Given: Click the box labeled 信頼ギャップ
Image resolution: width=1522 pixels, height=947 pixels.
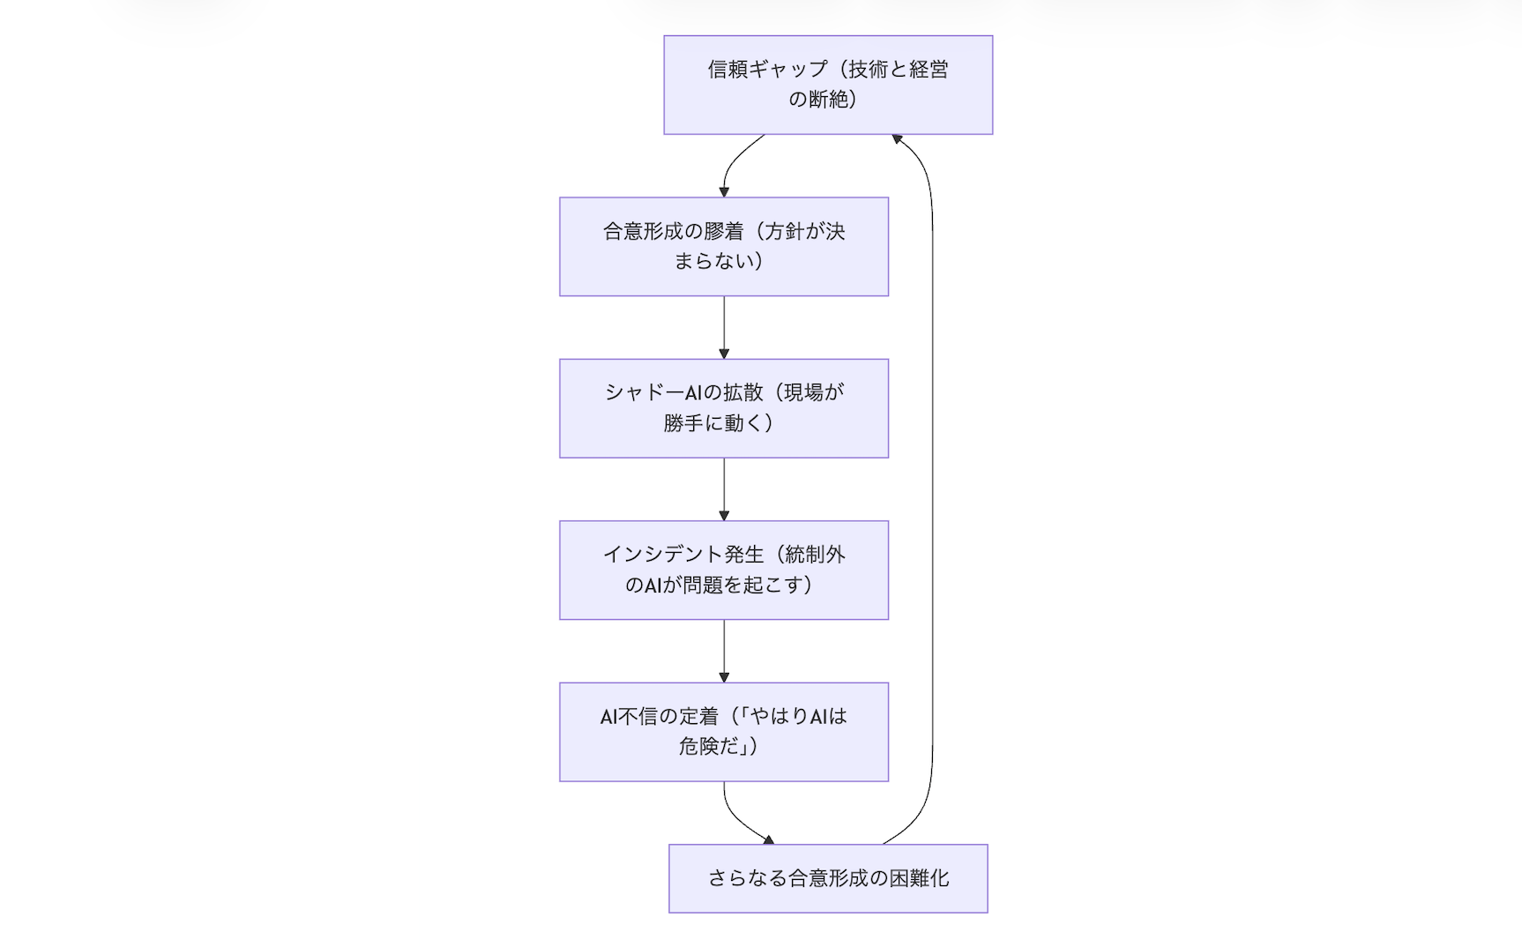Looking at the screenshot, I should tap(828, 85).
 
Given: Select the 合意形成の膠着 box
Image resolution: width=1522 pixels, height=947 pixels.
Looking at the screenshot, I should tap(724, 247).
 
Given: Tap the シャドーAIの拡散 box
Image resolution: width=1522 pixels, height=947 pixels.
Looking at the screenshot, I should tap(724, 408).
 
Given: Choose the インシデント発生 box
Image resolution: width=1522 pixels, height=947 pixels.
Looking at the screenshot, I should tap(724, 570).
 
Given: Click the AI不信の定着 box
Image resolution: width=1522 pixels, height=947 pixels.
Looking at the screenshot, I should tap(724, 732).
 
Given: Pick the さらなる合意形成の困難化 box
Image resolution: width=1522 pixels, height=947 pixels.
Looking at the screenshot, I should tap(828, 878).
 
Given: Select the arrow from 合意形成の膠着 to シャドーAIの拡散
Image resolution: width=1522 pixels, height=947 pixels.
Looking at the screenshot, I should tap(724, 326).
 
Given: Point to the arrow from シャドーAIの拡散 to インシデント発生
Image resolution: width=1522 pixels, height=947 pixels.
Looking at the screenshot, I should tap(724, 488).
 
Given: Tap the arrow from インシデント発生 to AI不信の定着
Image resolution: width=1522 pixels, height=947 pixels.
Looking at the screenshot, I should tap(724, 650).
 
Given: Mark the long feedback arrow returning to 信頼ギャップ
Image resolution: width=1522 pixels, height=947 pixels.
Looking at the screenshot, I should tap(932, 494).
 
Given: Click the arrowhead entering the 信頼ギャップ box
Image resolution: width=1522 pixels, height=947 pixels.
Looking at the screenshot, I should tap(897, 139).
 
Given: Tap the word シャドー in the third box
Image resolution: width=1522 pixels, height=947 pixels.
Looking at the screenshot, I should tap(645, 393).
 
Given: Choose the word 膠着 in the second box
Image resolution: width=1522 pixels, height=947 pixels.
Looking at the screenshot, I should tap(724, 232).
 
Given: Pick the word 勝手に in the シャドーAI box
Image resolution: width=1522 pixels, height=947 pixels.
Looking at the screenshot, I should tap(694, 423).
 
